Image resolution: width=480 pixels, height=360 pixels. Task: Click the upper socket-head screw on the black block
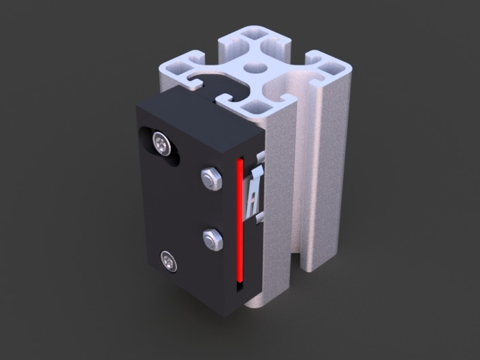tap(161, 142)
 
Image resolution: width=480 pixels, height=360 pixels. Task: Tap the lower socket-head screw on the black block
tap(168, 260)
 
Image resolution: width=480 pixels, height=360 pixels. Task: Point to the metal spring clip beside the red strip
tap(255, 191)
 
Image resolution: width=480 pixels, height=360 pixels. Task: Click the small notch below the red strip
tap(240, 287)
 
